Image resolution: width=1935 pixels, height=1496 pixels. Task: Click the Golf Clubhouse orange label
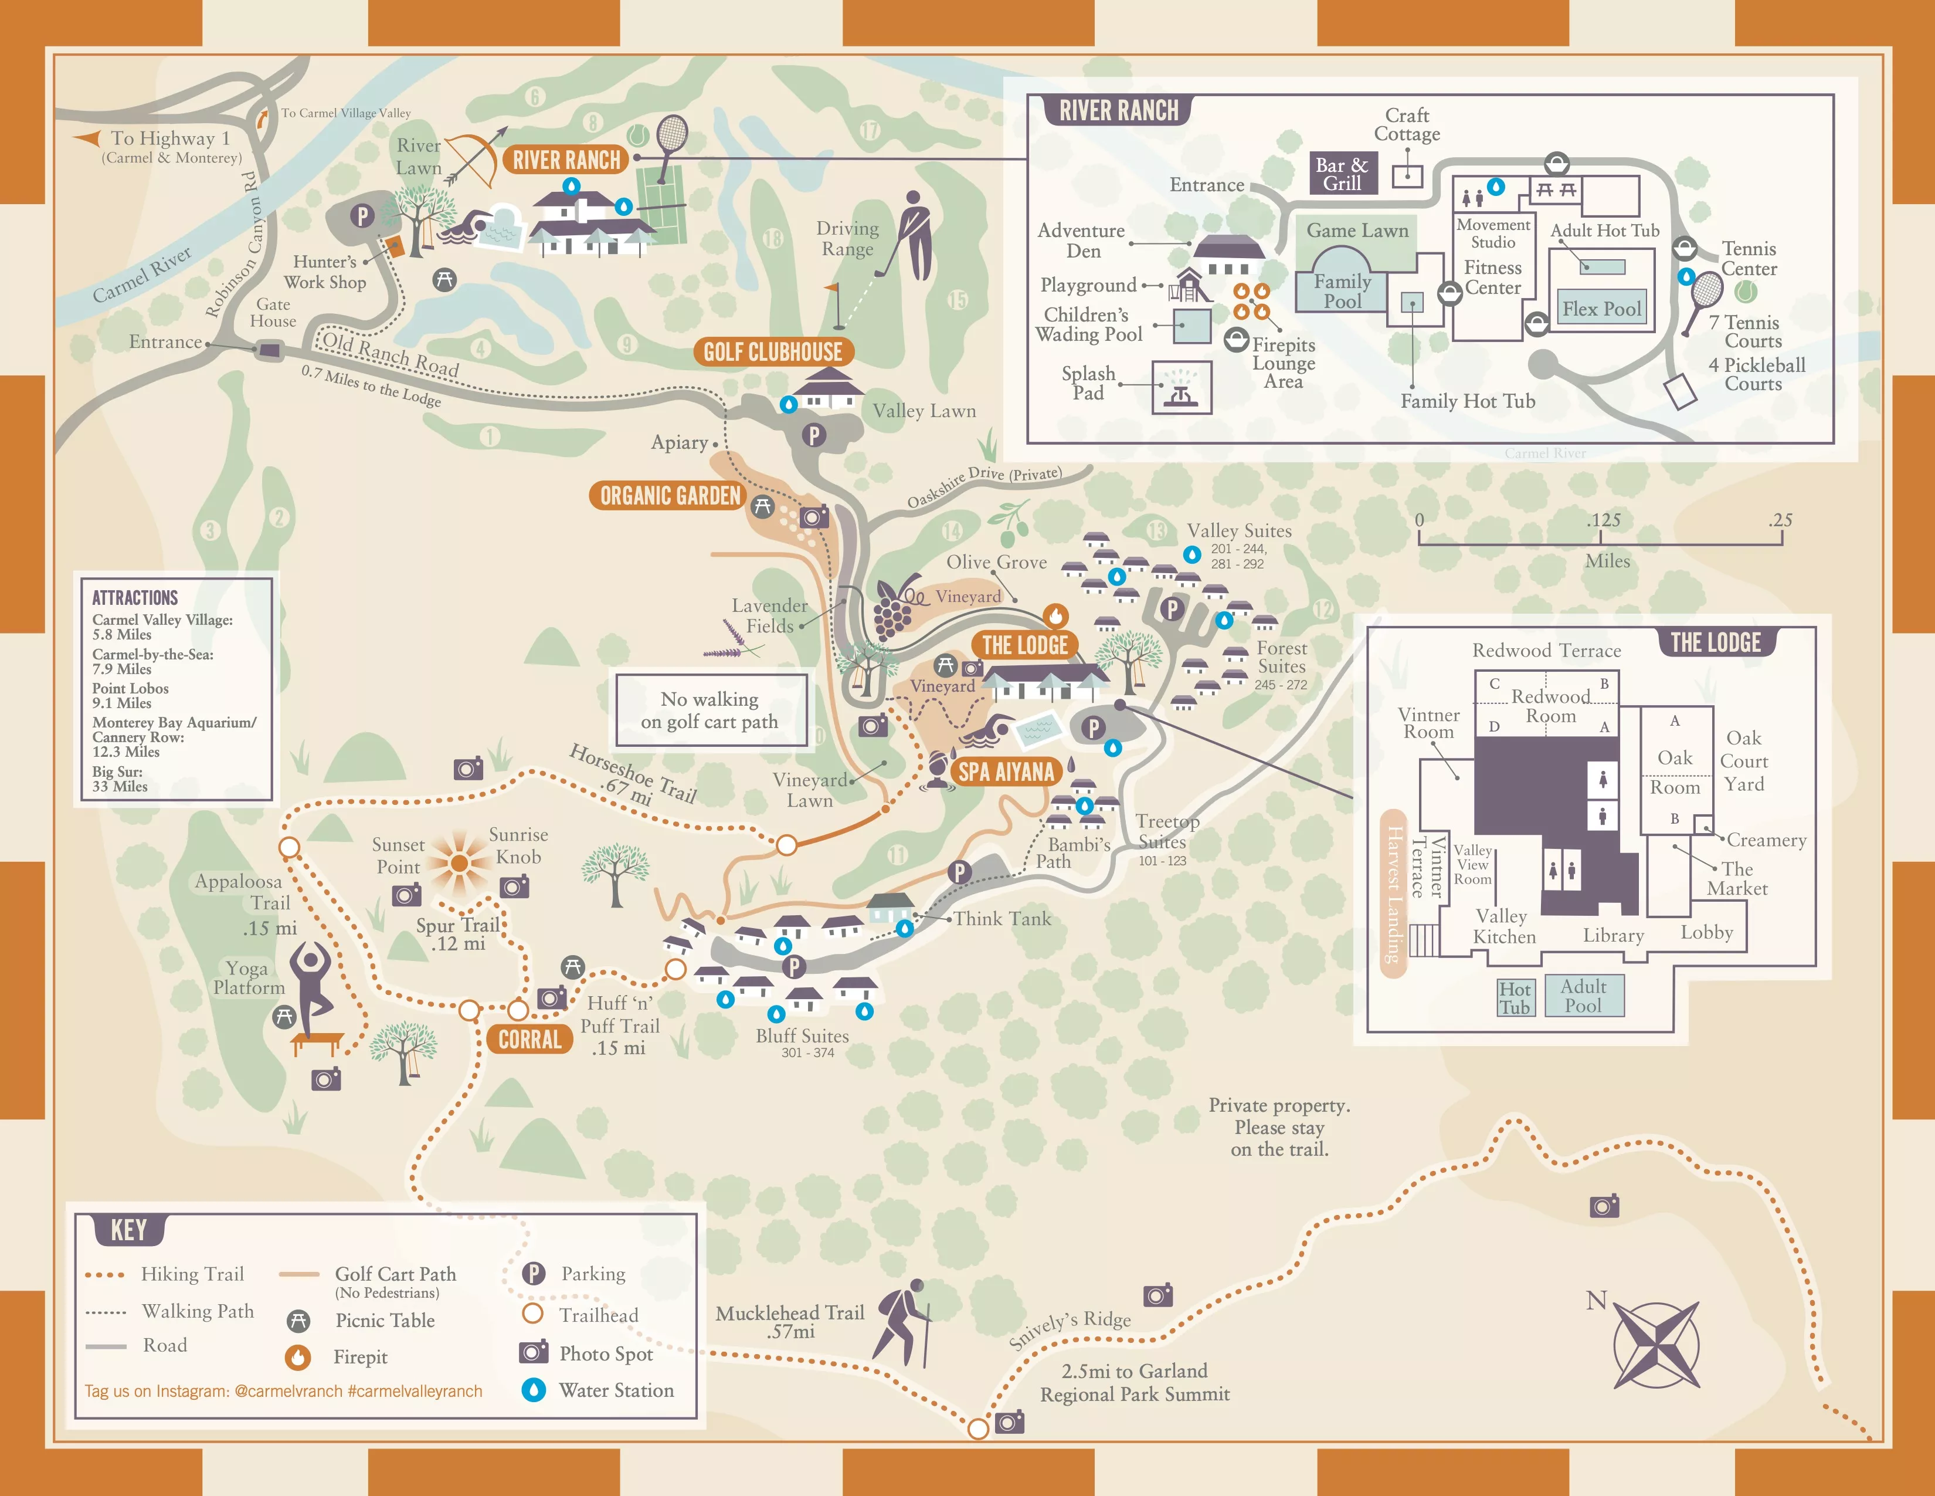pos(773,352)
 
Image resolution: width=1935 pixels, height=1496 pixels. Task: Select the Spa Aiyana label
pos(1006,772)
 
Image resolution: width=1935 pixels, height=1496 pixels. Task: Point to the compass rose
pos(1655,1345)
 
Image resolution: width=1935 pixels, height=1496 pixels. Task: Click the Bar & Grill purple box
pos(1342,174)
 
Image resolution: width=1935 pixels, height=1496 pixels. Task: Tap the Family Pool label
pos(1342,290)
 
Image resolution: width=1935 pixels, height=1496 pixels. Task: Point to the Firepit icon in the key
pos(298,1357)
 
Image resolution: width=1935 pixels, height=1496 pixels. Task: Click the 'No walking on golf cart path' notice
pos(711,710)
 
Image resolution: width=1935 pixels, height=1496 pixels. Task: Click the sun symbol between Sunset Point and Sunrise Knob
pos(458,862)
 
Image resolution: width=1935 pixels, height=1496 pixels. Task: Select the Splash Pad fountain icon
pos(1181,388)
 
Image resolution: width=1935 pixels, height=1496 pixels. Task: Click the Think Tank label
pos(1002,919)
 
